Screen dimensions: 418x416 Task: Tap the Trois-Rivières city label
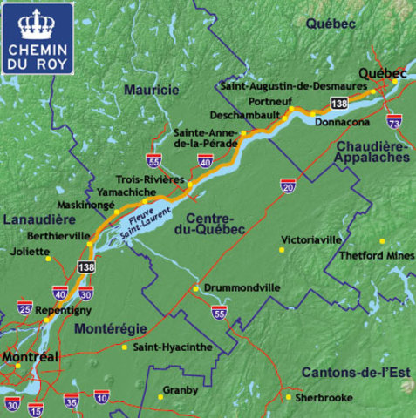(x=149, y=178)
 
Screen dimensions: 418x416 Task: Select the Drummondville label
(x=242, y=287)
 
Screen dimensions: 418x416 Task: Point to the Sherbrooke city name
(x=324, y=397)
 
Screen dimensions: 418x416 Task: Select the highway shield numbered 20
(x=288, y=185)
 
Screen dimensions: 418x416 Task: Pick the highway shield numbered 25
(x=24, y=308)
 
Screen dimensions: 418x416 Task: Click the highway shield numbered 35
(x=72, y=401)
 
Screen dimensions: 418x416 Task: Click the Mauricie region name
(x=151, y=90)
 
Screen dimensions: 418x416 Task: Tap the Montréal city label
(x=30, y=357)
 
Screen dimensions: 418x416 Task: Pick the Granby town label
(x=181, y=390)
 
